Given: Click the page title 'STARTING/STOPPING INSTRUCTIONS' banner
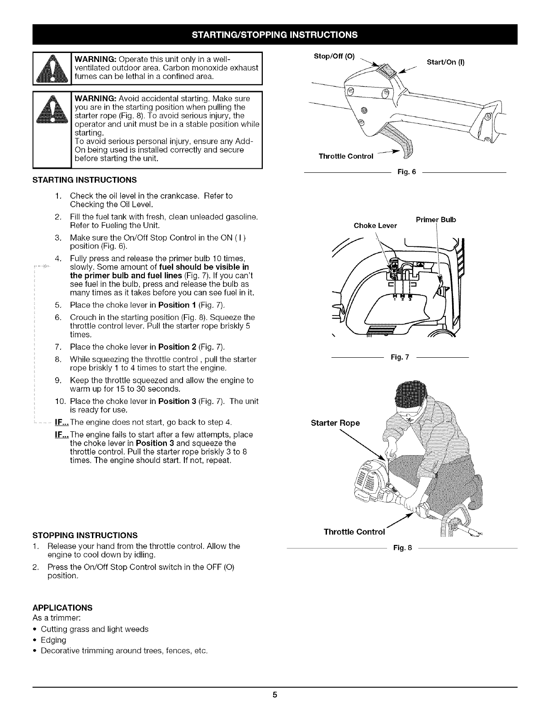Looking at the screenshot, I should tap(274, 35).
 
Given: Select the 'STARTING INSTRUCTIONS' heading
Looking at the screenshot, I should tap(84, 180).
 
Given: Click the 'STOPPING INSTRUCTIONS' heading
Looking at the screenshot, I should tap(84, 535).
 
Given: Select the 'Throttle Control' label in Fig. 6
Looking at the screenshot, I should tap(346, 156).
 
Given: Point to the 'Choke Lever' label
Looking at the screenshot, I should tap(375, 225).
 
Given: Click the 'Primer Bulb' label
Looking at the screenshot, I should tap(436, 219).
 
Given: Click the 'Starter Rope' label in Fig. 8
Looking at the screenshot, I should tap(335, 423).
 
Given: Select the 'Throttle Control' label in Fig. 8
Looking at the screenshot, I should tap(354, 532).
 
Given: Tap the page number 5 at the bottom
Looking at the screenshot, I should tap(274, 695).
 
